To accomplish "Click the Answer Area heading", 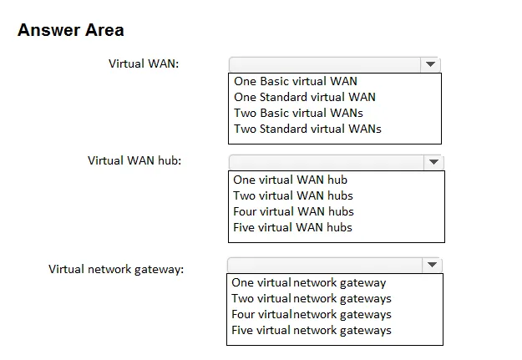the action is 71,30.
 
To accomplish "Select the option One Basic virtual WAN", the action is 296,81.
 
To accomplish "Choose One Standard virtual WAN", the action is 305,97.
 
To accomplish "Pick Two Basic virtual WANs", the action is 298,113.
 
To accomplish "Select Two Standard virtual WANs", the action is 307,129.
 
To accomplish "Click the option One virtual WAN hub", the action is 291,180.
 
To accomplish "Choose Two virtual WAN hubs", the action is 293,195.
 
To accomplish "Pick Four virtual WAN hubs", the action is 293,211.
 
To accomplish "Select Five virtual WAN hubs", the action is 292,227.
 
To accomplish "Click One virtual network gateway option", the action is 308,283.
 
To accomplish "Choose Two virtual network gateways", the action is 312,299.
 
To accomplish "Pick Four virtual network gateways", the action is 312,314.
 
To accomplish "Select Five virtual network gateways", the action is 312,331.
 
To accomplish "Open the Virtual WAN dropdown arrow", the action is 430,64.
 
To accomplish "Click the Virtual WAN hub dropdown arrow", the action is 433,162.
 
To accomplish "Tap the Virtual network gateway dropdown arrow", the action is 432,265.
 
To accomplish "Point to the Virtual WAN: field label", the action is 144,63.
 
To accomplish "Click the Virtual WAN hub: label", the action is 134,160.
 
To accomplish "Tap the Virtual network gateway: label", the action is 116,269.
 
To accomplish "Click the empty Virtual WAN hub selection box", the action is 327,162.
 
